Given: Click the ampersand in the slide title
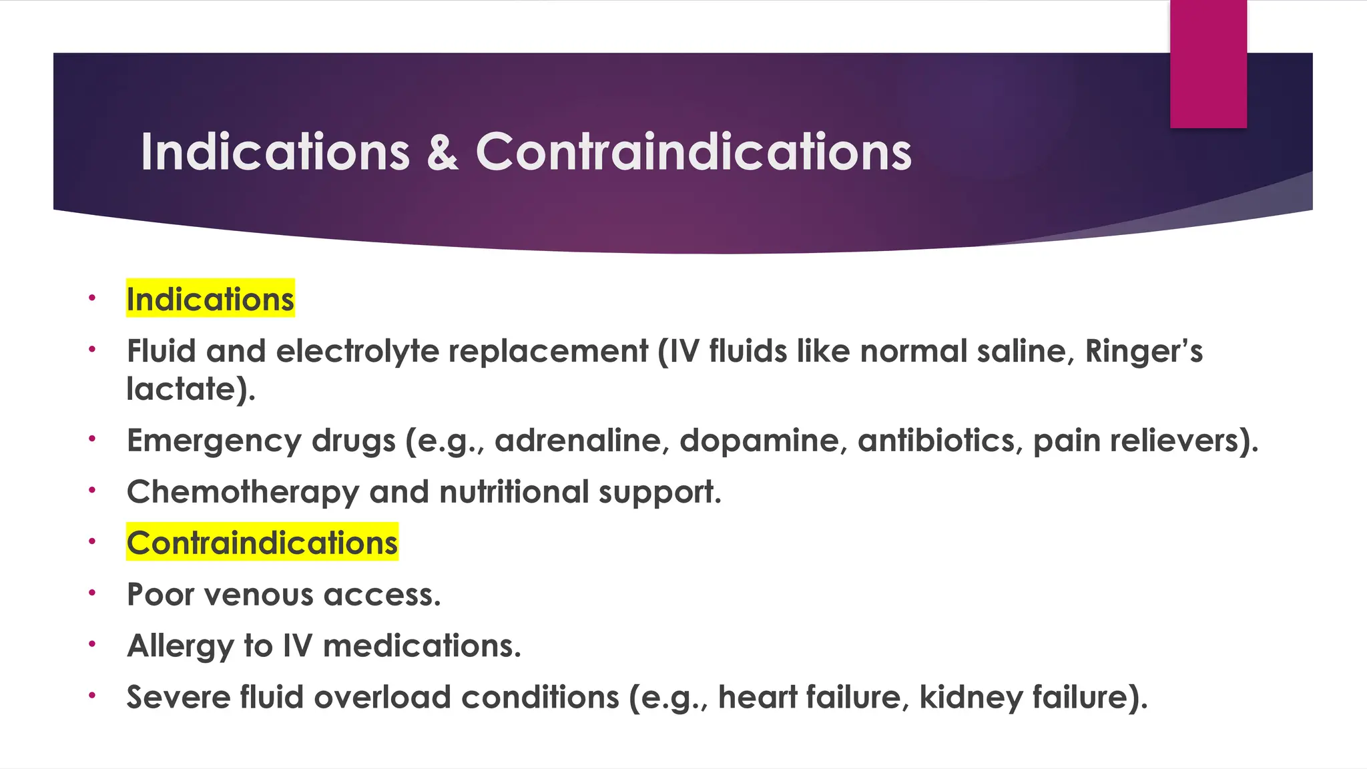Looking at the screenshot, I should point(442,152).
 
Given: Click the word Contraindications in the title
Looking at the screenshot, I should point(693,152).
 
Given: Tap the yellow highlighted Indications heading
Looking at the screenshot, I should point(210,299).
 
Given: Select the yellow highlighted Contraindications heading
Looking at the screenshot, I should point(262,542).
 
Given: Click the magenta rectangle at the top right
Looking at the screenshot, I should point(1208,63).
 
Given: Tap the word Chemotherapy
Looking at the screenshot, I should point(243,493).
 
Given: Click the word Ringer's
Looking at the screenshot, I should point(1143,351).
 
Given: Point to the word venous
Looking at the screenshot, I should point(258,595).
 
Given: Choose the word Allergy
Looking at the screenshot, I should point(180,646).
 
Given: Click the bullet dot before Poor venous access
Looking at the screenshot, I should point(92,592).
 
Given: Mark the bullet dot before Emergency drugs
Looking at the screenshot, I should point(92,439).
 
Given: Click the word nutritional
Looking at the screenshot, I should point(514,492).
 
